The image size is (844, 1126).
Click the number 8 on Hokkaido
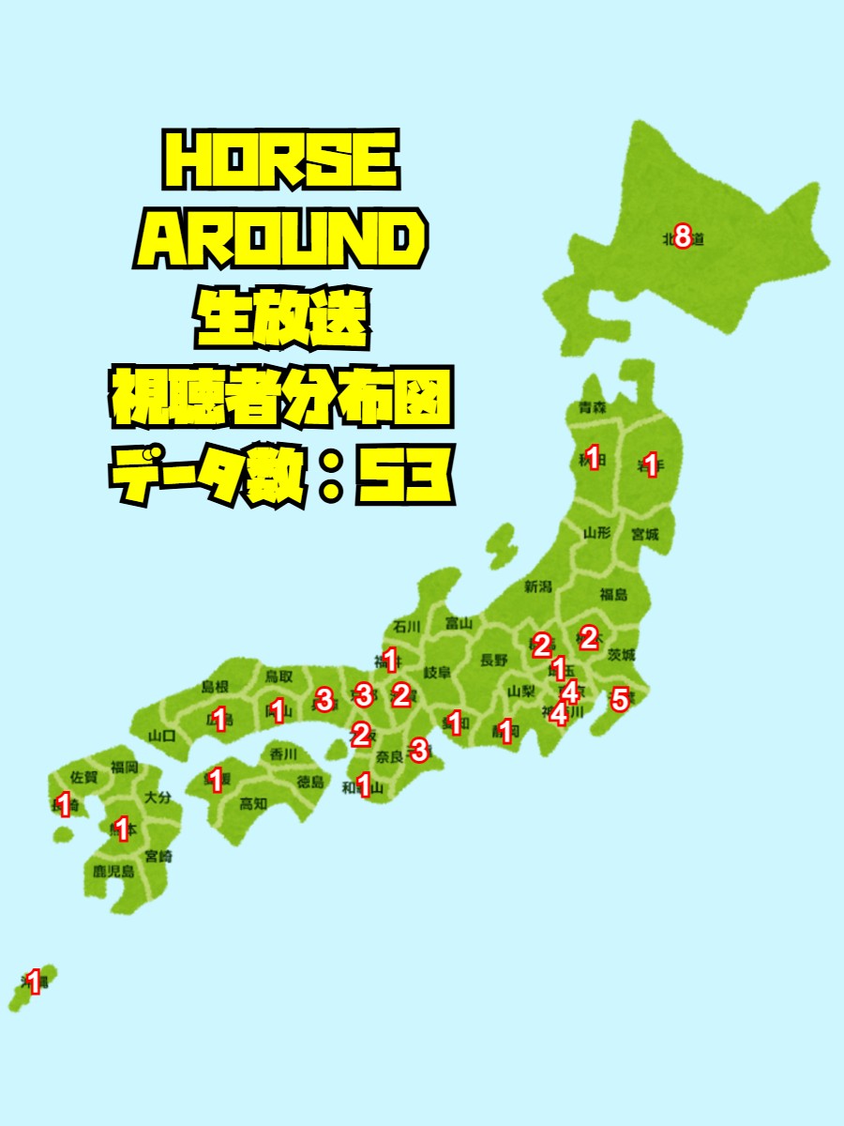pyautogui.click(x=683, y=238)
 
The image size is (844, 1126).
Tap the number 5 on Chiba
pyautogui.click(x=619, y=699)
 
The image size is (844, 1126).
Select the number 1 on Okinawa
pyautogui.click(x=34, y=982)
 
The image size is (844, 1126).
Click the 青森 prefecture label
pyautogui.click(x=592, y=408)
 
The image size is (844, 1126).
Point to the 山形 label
pyautogui.click(x=597, y=533)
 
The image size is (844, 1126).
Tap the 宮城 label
pyautogui.click(x=644, y=535)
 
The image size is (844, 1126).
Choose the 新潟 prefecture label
pyautogui.click(x=538, y=587)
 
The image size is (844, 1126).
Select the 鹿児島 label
pyautogui.click(x=113, y=872)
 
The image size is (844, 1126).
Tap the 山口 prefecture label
pyautogui.click(x=162, y=736)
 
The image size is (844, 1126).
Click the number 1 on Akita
pyautogui.click(x=592, y=458)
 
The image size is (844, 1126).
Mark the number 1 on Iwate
pyautogui.click(x=651, y=464)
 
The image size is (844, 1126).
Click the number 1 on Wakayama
pyautogui.click(x=364, y=784)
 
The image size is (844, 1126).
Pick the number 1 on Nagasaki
pyautogui.click(x=64, y=804)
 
